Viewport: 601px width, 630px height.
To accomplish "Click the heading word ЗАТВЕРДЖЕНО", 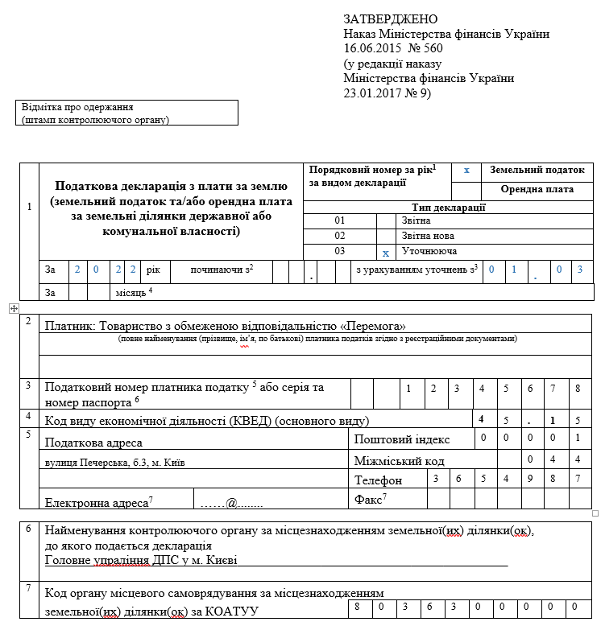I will click(x=391, y=19).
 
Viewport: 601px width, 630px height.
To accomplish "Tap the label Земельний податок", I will click(x=537, y=171).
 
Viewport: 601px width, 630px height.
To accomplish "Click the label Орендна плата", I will click(x=537, y=190).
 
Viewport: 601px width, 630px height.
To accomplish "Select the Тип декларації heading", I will click(x=449, y=207).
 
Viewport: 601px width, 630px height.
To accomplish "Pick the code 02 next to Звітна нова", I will click(x=339, y=236).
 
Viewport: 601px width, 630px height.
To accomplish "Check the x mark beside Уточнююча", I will click(x=386, y=253).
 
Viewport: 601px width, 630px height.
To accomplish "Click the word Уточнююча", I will click(x=425, y=252).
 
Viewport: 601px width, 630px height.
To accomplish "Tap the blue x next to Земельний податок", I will click(x=466, y=171).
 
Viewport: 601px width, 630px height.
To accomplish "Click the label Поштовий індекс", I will click(x=402, y=439).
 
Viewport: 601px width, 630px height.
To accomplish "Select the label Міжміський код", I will click(x=400, y=461).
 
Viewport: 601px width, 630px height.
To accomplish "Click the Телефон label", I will click(x=378, y=480).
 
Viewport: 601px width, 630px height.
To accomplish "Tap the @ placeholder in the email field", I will click(x=230, y=503).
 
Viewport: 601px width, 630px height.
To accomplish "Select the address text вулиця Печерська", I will click(x=78, y=463).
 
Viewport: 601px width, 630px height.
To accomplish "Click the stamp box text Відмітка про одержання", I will click(x=77, y=107).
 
